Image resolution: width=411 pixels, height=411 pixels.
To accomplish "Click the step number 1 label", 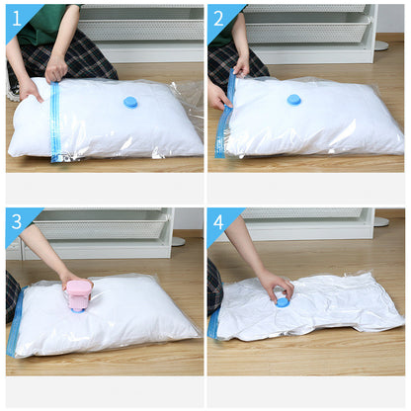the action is point(17,19).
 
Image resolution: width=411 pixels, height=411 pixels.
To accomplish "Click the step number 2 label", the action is point(218,19).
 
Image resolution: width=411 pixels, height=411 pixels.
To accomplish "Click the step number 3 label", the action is point(17,222).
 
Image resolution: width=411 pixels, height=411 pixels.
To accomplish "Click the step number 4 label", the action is point(218,222).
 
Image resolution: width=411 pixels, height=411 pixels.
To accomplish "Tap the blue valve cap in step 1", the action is point(130,102).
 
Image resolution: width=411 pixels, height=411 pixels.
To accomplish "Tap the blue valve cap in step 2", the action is point(293,100).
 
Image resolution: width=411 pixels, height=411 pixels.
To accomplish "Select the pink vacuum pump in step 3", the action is point(79,295).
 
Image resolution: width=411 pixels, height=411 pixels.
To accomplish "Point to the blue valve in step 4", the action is point(282,302).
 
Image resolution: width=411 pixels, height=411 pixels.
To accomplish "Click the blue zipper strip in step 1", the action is point(55,122).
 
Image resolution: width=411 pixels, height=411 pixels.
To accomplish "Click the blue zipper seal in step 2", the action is point(225,116).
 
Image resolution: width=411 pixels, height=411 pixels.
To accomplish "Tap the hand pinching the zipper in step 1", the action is point(55,69).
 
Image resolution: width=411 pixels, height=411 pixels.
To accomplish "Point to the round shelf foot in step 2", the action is point(381,45).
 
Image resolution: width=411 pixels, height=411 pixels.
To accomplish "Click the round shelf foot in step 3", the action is point(178,241).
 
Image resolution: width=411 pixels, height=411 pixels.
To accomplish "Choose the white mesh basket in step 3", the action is point(102,224).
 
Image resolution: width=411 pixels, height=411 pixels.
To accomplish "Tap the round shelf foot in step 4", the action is point(381,221).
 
